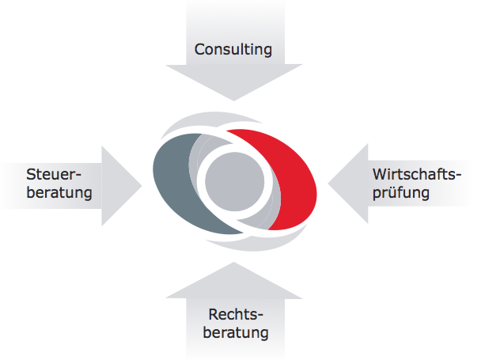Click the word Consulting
[233, 50]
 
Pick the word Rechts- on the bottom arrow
[235, 314]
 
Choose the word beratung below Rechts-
[235, 332]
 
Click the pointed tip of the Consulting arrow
[234, 100]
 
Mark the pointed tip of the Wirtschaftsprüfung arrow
[327, 184]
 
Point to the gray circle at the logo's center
[235, 183]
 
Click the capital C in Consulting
[200, 50]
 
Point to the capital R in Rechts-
[214, 314]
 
